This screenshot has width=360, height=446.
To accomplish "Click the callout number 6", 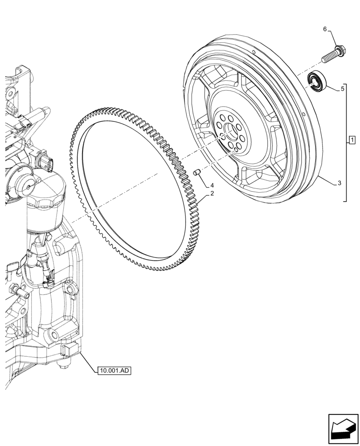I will tap(325, 29).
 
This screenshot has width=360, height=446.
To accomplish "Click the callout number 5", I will tap(342, 89).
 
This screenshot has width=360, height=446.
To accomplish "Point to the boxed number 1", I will tap(352, 141).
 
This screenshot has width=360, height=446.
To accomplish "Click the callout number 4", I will tap(213, 185).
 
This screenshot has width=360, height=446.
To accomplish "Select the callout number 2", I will tap(213, 194).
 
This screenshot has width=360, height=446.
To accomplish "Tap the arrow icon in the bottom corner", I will tap(343, 429).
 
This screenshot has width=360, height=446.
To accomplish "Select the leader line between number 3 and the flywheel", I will tap(327, 179).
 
